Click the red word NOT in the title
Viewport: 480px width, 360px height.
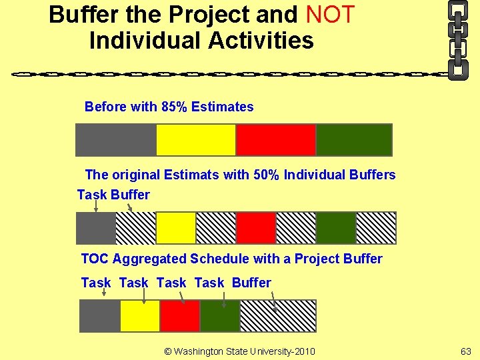(x=330, y=14)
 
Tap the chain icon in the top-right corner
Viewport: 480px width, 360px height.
(x=457, y=39)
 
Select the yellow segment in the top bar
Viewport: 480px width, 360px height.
(x=196, y=140)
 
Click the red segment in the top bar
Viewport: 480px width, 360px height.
(x=275, y=140)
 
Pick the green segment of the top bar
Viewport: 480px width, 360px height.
(x=354, y=140)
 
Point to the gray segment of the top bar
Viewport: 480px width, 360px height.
(x=116, y=140)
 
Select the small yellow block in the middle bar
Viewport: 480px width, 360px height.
(x=176, y=228)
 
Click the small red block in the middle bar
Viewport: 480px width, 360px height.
(x=256, y=228)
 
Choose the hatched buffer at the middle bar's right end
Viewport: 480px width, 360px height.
(x=376, y=228)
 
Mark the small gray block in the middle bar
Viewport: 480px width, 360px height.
(x=96, y=228)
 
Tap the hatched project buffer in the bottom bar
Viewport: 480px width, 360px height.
(x=278, y=316)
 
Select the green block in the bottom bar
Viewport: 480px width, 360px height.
(x=220, y=316)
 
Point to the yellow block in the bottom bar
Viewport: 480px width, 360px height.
(x=140, y=316)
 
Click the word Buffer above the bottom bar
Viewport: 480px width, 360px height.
(x=251, y=283)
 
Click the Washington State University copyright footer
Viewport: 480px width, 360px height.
(x=239, y=351)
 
